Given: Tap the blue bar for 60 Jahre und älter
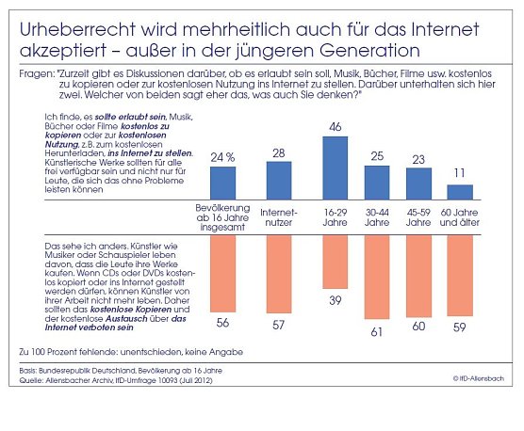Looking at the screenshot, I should (460, 191).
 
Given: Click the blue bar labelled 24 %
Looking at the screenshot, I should (223, 183).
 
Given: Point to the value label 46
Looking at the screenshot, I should (336, 125).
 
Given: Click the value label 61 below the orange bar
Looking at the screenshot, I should (377, 332).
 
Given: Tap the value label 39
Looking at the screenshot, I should (336, 298).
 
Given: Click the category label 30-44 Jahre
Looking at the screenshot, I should (377, 218).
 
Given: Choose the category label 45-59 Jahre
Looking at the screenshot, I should (418, 218).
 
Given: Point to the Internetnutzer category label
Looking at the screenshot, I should (279, 218).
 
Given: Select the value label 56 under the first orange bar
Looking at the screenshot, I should (223, 322).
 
